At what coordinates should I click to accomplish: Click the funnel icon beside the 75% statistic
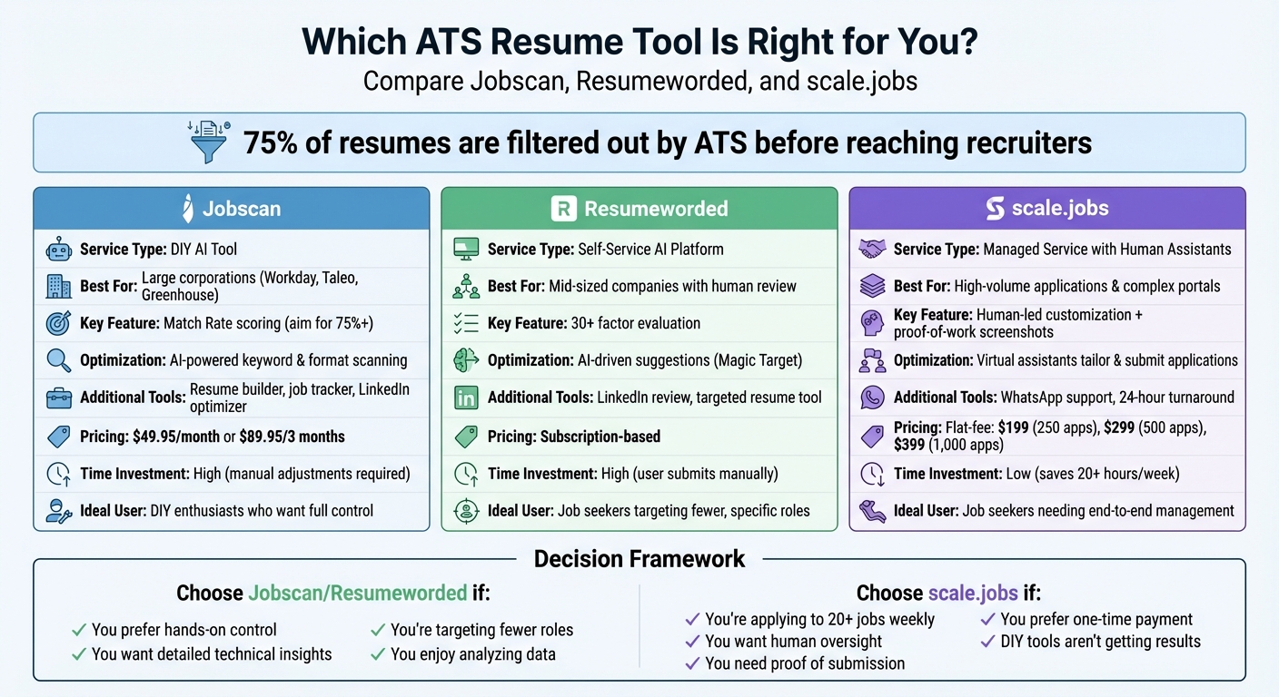pos(208,142)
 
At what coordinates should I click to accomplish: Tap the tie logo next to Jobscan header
pos(186,209)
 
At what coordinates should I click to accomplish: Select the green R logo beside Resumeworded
pos(563,209)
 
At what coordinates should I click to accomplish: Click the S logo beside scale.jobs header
pos(995,209)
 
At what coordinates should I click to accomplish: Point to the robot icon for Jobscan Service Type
pos(59,249)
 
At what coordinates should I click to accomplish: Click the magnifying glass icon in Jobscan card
pos(59,360)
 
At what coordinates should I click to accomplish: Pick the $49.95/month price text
pos(175,437)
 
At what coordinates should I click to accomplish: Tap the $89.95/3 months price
pos(292,437)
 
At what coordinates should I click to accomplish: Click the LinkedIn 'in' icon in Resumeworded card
pos(465,398)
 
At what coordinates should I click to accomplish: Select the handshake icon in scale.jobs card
pos(872,249)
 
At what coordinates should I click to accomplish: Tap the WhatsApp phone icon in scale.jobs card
pos(872,398)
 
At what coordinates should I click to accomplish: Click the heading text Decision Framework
pos(639,558)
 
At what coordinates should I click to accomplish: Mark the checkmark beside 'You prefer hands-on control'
pos(78,630)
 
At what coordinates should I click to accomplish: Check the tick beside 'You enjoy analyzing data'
pos(377,654)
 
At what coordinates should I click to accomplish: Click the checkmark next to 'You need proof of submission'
pos(692,663)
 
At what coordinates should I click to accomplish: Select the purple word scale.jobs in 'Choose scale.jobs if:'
pos(971,594)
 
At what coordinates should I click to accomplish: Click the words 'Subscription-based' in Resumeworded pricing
pos(600,437)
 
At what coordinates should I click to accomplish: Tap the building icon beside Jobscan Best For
pos(59,287)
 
